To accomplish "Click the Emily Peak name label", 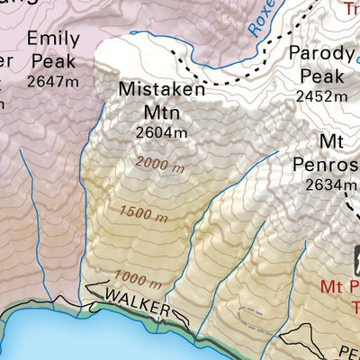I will pos(55,49).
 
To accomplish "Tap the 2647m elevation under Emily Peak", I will pos(55,79).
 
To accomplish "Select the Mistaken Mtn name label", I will pos(162,101).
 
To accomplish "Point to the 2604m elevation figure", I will pos(162,132).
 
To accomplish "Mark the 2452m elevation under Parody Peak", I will pos(321,96).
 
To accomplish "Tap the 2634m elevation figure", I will pos(325,185).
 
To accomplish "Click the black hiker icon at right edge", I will pos(353,262).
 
